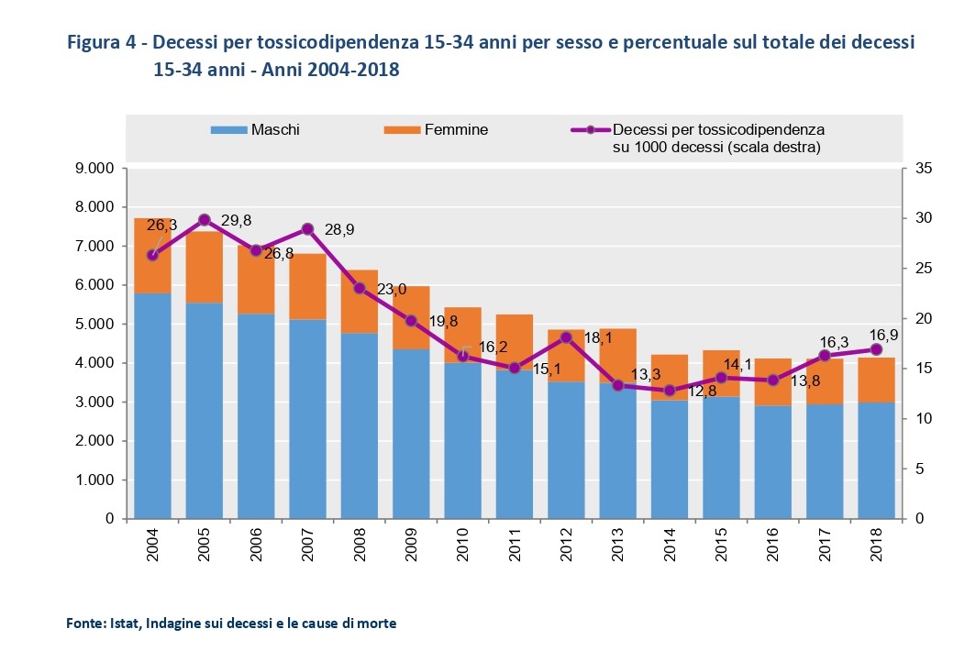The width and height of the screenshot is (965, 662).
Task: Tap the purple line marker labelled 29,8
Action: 205,220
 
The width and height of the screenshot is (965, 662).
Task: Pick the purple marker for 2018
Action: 876,349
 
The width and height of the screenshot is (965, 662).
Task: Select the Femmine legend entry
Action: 440,130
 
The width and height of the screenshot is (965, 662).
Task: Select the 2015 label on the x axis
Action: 721,549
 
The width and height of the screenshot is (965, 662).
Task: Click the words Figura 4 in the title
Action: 102,43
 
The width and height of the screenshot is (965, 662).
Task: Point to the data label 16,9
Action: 882,336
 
